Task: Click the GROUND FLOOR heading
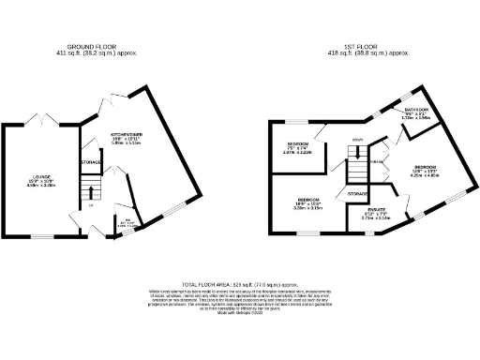click(x=90, y=46)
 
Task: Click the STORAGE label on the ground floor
click(x=91, y=162)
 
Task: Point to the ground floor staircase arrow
click(x=91, y=195)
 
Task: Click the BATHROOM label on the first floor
click(x=417, y=110)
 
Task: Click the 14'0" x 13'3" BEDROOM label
click(x=427, y=170)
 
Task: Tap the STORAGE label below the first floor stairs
click(x=357, y=194)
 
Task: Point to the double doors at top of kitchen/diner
click(x=112, y=99)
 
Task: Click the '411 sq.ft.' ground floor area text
click(x=90, y=52)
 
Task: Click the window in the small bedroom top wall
click(x=297, y=121)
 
